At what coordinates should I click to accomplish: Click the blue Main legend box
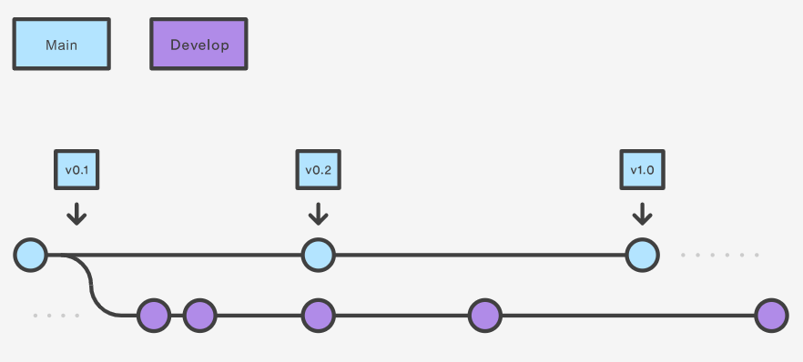(61, 45)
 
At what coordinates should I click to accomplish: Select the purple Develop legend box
(198, 45)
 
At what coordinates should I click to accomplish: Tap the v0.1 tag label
(76, 169)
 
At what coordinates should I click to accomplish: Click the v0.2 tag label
(318, 169)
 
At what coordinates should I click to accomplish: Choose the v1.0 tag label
(642, 169)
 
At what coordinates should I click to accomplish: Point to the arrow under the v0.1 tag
(76, 214)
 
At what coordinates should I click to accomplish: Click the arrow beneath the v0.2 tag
(318, 214)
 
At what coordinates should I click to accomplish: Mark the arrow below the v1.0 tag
(642, 214)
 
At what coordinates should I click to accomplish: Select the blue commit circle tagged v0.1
(30, 256)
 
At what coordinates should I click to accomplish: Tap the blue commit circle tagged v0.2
(318, 256)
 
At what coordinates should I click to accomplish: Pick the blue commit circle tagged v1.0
(642, 256)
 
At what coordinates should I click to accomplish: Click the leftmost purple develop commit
(154, 316)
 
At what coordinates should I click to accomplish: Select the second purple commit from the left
(199, 316)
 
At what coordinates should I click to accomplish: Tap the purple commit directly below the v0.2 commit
(318, 316)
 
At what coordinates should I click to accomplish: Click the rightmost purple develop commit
(771, 316)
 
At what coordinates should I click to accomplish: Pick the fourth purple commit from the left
(485, 316)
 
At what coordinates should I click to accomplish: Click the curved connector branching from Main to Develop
(92, 287)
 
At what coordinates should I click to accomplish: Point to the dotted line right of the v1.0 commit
(719, 256)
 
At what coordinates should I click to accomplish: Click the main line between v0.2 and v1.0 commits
(480, 256)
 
